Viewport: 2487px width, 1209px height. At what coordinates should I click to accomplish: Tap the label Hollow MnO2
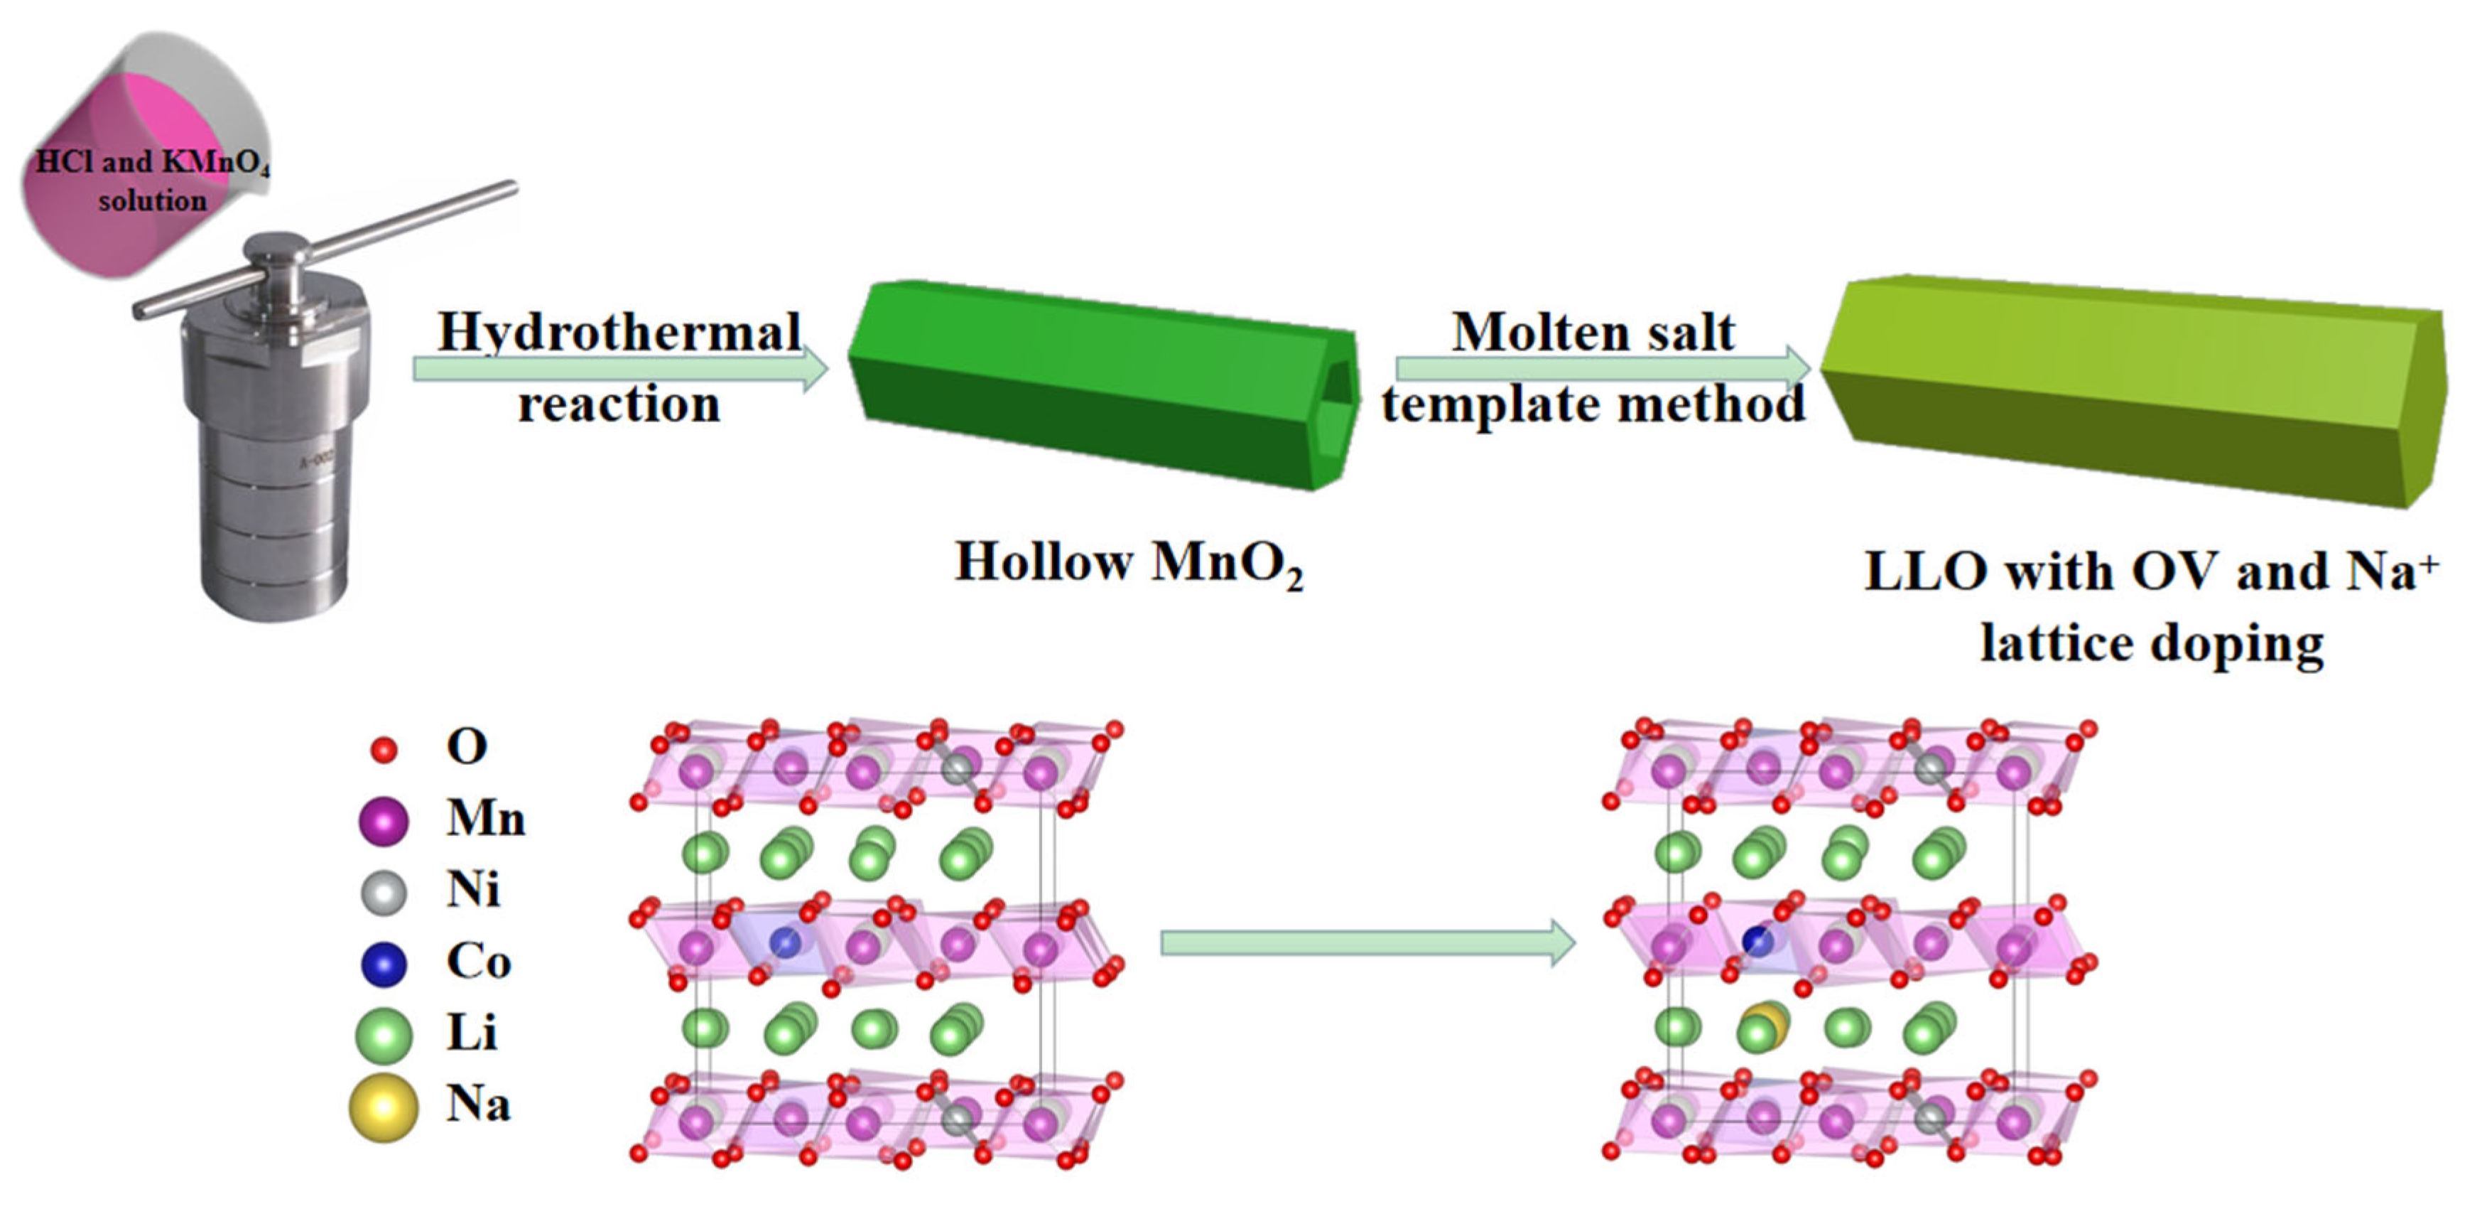pyautogui.click(x=1129, y=562)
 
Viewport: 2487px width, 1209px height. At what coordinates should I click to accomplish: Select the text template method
pyautogui.click(x=1593, y=404)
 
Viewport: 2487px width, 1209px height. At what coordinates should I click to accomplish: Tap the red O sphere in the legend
pyautogui.click(x=384, y=749)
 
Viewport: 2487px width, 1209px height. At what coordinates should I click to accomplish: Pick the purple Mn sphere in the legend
pyautogui.click(x=384, y=821)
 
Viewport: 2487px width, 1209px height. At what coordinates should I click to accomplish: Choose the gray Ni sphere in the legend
pyautogui.click(x=384, y=892)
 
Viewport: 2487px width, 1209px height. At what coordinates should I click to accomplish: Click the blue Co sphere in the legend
pyautogui.click(x=384, y=964)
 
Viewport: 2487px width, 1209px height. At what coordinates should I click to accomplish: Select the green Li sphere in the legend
pyautogui.click(x=384, y=1035)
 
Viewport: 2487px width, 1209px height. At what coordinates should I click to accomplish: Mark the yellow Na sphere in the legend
pyautogui.click(x=384, y=1107)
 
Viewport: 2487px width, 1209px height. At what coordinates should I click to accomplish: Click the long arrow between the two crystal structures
pyautogui.click(x=1366, y=942)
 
